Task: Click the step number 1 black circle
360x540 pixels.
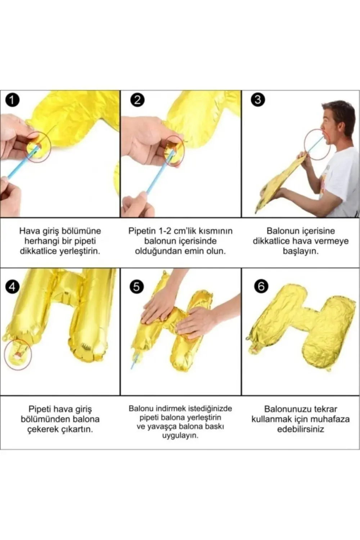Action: coord(13,100)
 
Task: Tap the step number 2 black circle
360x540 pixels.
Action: coord(137,100)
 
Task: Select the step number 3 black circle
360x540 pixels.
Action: coord(257,100)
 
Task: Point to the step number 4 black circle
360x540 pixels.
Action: coord(13,287)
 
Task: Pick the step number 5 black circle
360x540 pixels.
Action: coord(137,287)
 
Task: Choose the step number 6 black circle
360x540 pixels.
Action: coord(261,287)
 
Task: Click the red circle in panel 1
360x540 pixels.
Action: coord(37,147)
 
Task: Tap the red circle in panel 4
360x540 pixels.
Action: coord(18,354)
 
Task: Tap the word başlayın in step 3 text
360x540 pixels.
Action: coord(300,251)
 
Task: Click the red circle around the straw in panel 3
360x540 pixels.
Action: coord(317,144)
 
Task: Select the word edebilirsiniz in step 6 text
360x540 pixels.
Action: coord(300,429)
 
